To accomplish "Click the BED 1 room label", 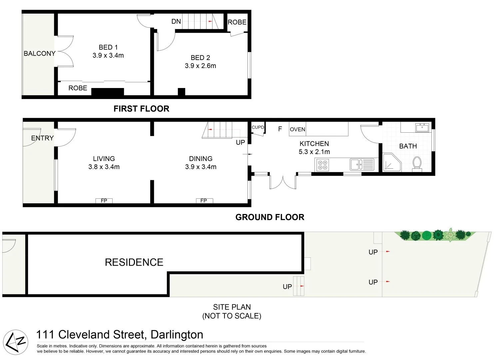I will click(108, 47).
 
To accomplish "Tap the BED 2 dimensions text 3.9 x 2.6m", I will click(200, 66).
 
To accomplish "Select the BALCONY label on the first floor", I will click(39, 53).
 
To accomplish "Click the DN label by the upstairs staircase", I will click(176, 21).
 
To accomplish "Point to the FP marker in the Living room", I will click(104, 201).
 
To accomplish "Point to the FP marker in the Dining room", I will click(204, 201).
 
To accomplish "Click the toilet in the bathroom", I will click(417, 163).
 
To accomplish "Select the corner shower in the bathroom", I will click(391, 162).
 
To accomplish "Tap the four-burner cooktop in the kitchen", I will click(322, 165).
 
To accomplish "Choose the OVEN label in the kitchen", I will click(297, 129).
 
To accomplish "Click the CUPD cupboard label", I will click(257, 127).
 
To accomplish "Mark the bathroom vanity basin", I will click(422, 127).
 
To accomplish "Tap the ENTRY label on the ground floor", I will click(42, 138).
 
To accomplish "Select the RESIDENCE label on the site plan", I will click(134, 262).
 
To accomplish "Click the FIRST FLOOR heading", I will click(141, 109).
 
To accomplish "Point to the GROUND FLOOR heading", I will click(269, 217).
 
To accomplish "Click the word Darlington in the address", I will click(177, 334).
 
